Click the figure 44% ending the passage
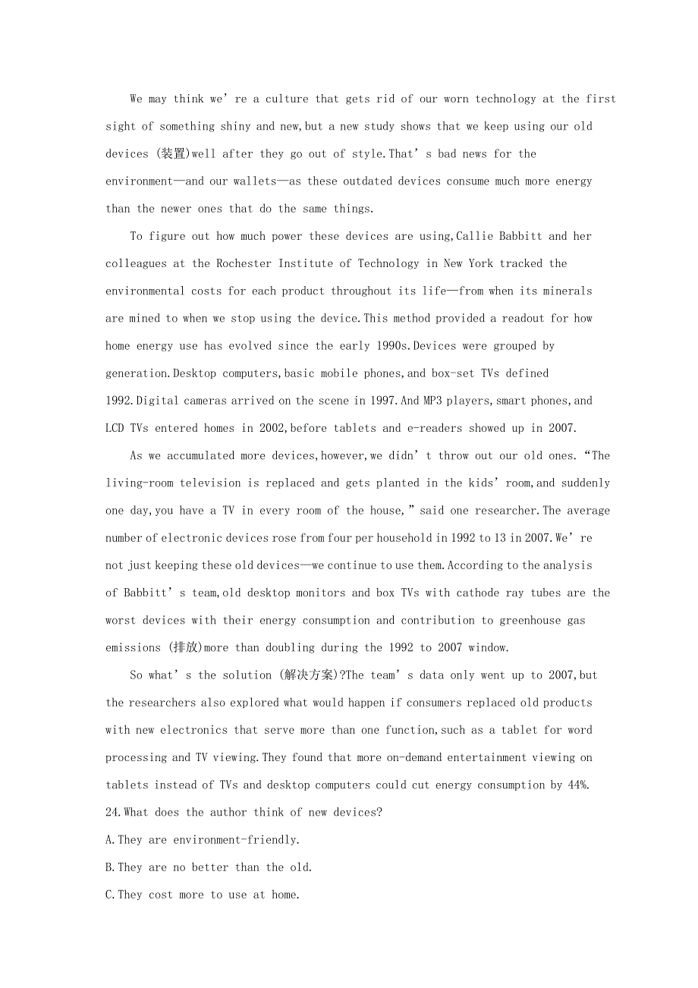[577, 785]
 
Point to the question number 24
[114, 812]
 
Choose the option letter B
[109, 867]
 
